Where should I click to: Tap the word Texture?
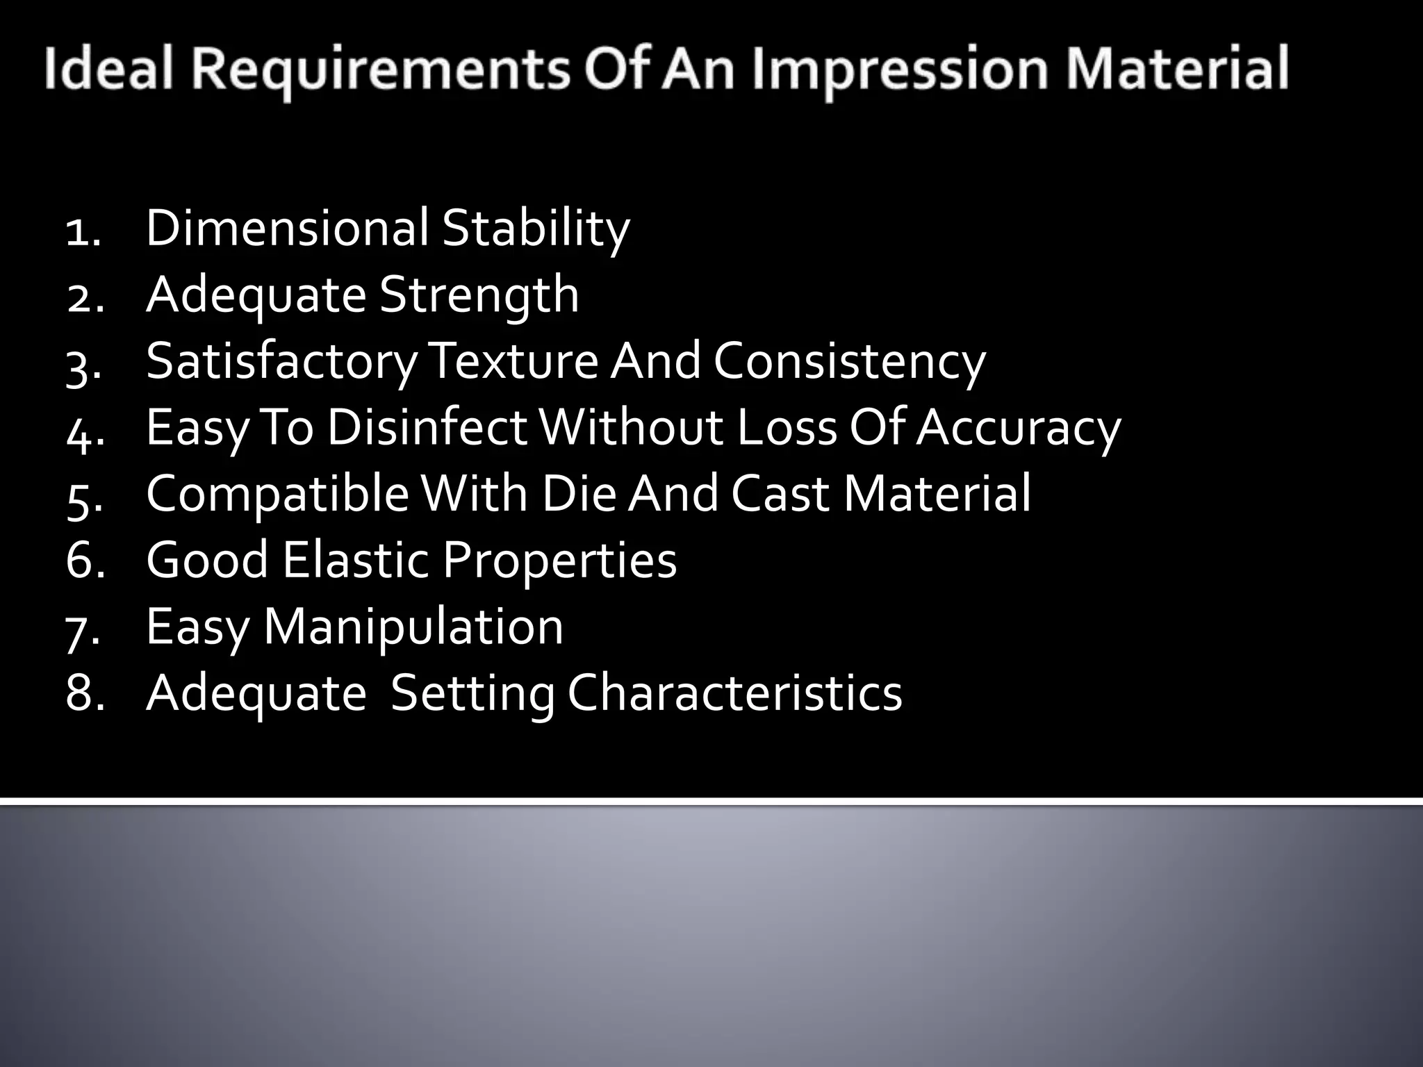514,361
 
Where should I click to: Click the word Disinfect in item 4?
427,428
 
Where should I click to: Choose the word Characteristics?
734,693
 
